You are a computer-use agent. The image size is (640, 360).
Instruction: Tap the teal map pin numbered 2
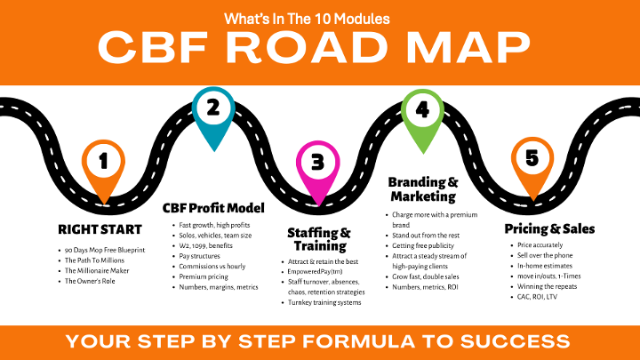coord(212,109)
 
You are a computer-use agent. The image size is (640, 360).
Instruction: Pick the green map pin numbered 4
coord(422,110)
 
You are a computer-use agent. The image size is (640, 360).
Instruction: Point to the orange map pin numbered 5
coord(532,159)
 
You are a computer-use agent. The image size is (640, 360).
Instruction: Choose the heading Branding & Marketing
coord(422,189)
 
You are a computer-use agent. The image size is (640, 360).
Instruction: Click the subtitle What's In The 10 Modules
coord(319,18)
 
